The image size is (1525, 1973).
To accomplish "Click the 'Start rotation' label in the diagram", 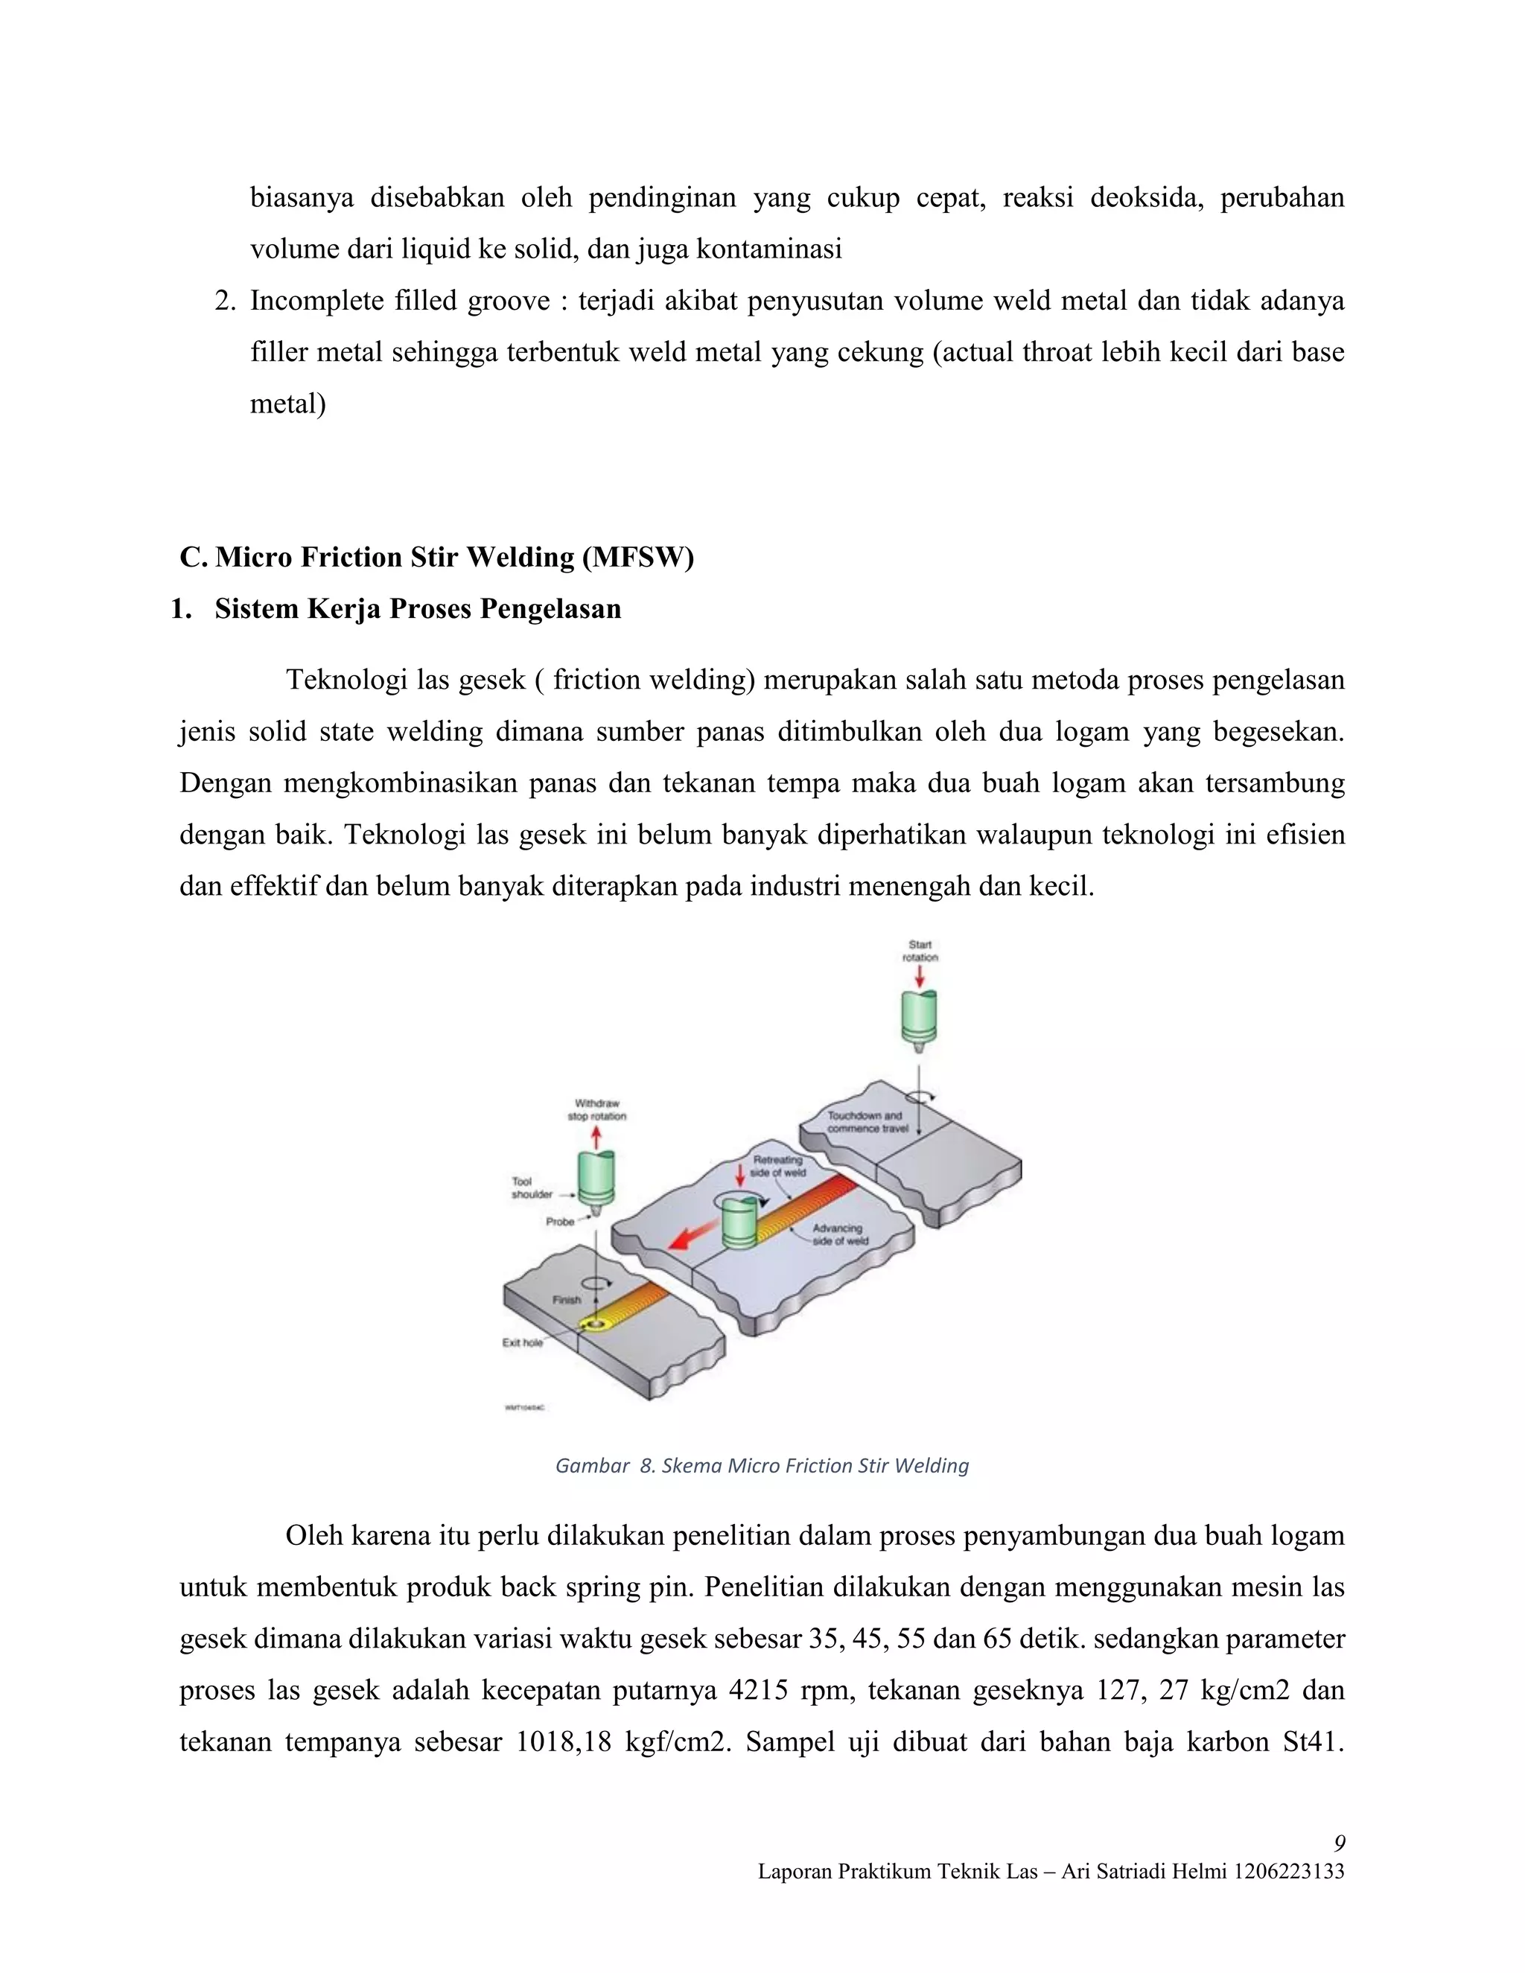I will click(x=920, y=950).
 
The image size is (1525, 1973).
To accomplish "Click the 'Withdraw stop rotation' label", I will click(x=596, y=1109).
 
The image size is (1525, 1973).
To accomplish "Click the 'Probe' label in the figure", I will click(x=559, y=1221).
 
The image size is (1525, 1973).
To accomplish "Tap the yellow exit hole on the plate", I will click(x=596, y=1325).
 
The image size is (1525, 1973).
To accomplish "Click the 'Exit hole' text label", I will click(x=522, y=1342).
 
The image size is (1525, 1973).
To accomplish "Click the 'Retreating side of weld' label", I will click(x=777, y=1165).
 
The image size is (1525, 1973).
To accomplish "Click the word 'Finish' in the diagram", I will click(x=567, y=1299).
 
